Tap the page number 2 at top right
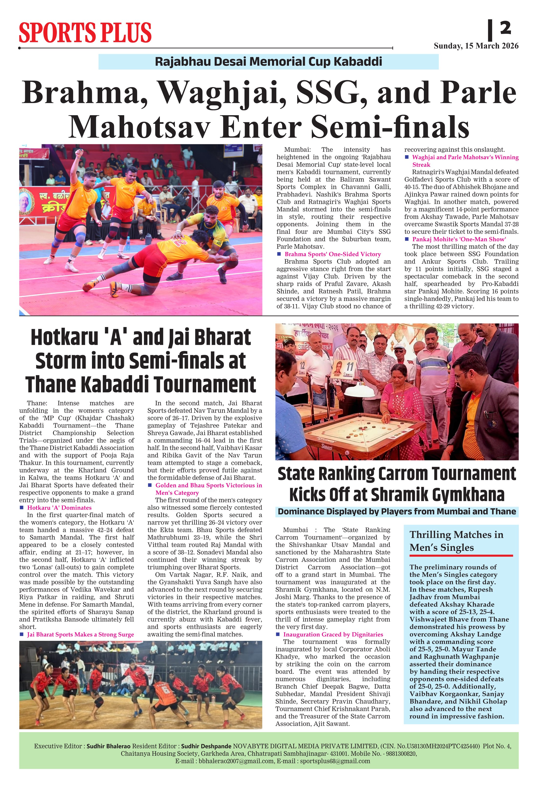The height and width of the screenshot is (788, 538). (x=505, y=28)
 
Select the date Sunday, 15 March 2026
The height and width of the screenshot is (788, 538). (x=476, y=46)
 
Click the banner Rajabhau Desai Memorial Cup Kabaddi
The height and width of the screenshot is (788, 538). (x=268, y=62)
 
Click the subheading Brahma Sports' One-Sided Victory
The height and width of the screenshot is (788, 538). (x=333, y=254)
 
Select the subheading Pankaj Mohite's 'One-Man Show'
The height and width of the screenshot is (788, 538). (x=459, y=239)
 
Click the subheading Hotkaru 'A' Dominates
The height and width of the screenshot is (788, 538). (x=59, y=508)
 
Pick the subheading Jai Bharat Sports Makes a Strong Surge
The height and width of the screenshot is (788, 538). (x=80, y=634)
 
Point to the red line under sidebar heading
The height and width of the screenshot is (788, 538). (x=461, y=556)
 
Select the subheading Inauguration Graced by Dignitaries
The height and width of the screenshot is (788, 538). (x=333, y=634)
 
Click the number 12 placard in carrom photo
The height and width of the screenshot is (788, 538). (x=302, y=366)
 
